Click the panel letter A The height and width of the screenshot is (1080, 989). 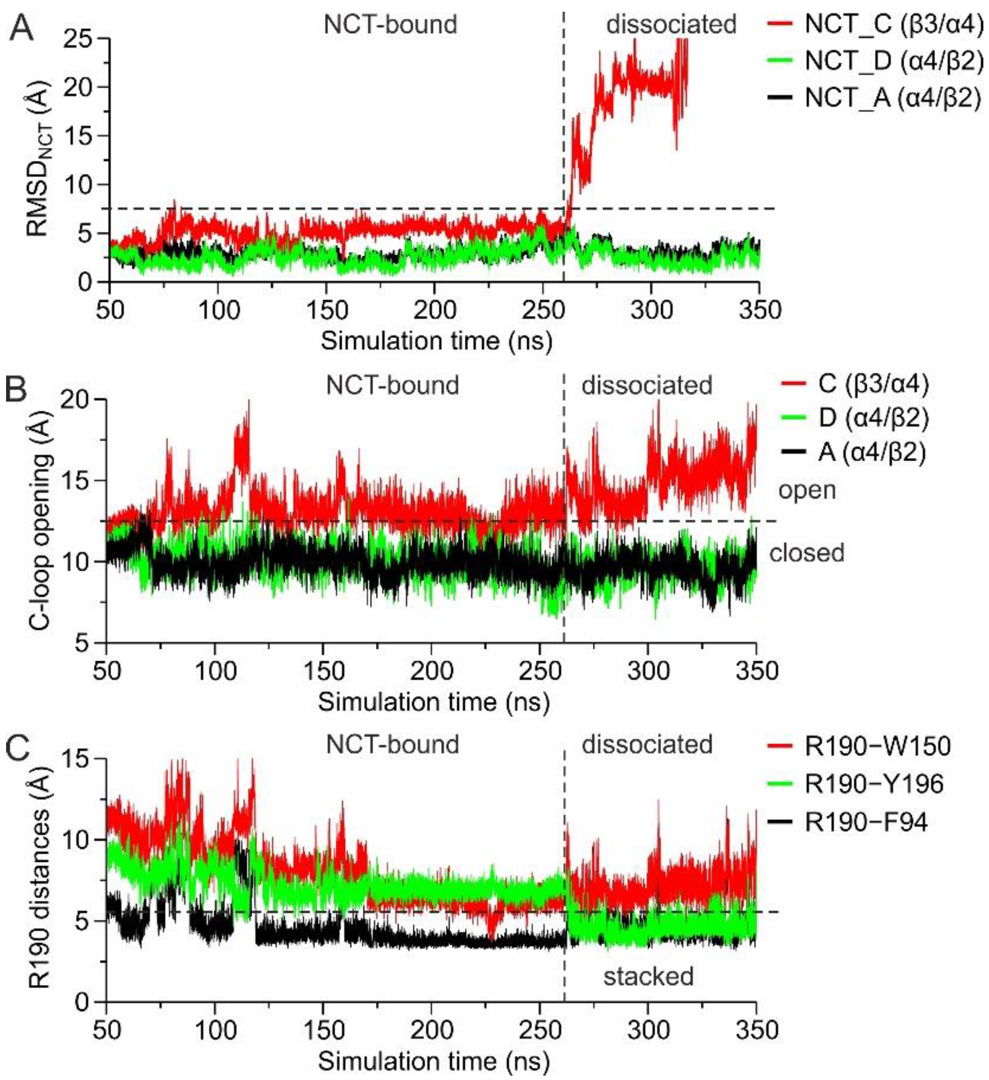point(21,27)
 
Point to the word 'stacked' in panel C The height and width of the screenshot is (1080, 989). point(648,976)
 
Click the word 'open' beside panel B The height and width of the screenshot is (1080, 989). point(807,490)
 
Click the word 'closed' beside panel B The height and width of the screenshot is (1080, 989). point(807,552)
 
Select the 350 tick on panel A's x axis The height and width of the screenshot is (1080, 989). point(759,310)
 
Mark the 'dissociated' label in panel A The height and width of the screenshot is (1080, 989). point(671,24)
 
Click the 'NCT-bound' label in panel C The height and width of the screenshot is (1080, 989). point(393,744)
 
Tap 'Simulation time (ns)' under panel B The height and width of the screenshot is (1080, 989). point(434,702)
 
